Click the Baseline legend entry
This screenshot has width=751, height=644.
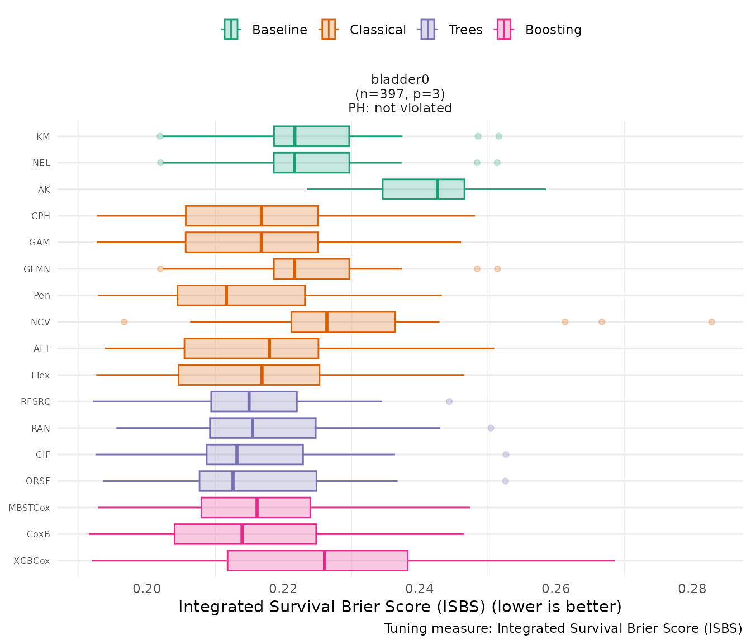pyautogui.click(x=265, y=30)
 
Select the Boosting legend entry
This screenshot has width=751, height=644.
pyautogui.click(x=539, y=30)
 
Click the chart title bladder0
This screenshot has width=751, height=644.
pyautogui.click(x=400, y=80)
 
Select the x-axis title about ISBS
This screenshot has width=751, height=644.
pyautogui.click(x=400, y=607)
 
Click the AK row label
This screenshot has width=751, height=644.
pyautogui.click(x=44, y=190)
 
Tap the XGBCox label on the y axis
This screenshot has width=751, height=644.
pyautogui.click(x=32, y=561)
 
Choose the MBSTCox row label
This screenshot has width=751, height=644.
pyautogui.click(x=29, y=508)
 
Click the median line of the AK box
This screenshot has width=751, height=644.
pyautogui.click(x=438, y=189)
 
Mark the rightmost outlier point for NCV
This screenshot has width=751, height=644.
pyautogui.click(x=711, y=322)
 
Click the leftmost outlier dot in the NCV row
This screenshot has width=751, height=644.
pyautogui.click(x=124, y=322)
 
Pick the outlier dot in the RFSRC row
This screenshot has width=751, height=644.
pyautogui.click(x=449, y=401)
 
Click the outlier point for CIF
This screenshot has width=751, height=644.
pyautogui.click(x=506, y=454)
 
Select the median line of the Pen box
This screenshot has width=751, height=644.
pyautogui.click(x=226, y=295)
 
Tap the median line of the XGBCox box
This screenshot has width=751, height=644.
pyautogui.click(x=325, y=561)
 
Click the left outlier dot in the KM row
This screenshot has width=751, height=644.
pyautogui.click(x=160, y=136)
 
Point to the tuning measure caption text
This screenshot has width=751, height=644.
pyautogui.click(x=563, y=629)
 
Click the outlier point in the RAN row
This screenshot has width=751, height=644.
pyautogui.click(x=491, y=428)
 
